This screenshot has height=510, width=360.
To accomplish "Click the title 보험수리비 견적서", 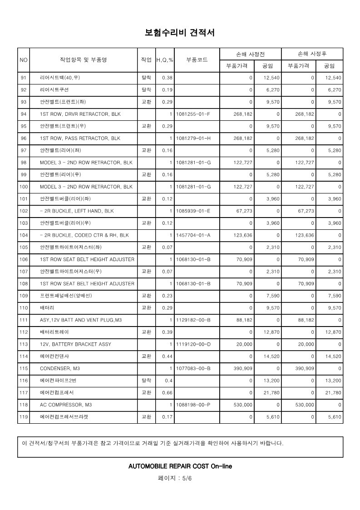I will (179, 33).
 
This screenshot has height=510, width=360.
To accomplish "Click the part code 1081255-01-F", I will (193, 114).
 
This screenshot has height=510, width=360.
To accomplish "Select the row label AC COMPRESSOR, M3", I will (66, 404).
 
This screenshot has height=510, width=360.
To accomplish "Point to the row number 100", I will (24, 187).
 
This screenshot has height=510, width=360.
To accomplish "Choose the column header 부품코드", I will (197, 59).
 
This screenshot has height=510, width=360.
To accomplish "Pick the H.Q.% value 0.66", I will (168, 392).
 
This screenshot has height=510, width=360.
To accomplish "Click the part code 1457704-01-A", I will (193, 235).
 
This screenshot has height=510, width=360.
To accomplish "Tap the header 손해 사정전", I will (251, 54).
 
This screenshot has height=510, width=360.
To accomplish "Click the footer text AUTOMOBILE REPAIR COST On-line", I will (180, 466).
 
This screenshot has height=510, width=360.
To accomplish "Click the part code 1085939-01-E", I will (193, 211).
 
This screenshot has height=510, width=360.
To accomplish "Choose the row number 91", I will (24, 78).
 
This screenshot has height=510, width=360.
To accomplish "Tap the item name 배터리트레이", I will (56, 332).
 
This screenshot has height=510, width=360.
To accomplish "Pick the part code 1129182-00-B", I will (193, 320).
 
